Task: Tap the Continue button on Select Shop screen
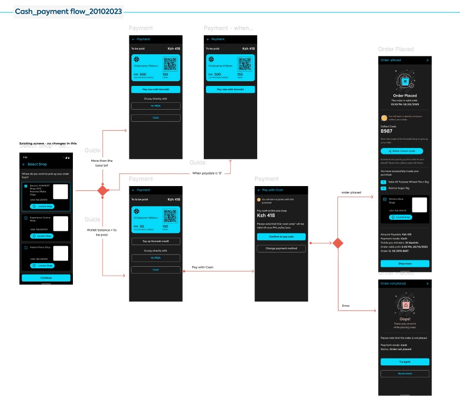(46, 278)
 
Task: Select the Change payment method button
(281, 248)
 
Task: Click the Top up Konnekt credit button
(156, 241)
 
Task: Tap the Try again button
(405, 362)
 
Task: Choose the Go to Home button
(405, 374)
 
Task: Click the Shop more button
(405, 264)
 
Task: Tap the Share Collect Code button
(405, 151)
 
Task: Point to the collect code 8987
(388, 132)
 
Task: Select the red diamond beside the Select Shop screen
(103, 190)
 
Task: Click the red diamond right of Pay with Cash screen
(337, 243)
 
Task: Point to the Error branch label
(346, 306)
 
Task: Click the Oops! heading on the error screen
(405, 318)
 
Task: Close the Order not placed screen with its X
(427, 284)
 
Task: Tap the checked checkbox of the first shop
(26, 186)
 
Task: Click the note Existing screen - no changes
(48, 143)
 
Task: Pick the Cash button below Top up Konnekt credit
(156, 269)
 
